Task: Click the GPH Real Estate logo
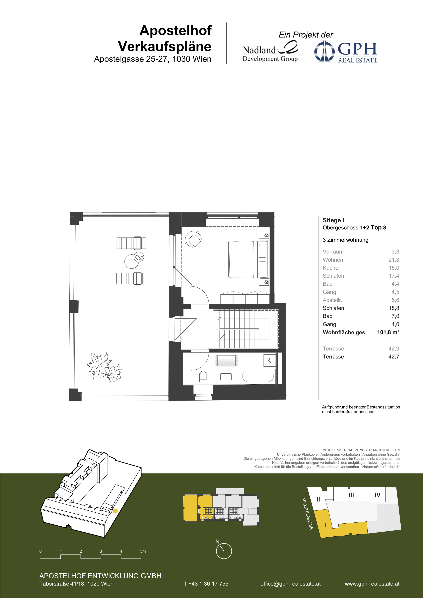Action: coord(346,51)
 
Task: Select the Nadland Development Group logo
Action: coord(270,52)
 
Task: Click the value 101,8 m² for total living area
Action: coord(388,332)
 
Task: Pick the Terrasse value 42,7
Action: coord(394,357)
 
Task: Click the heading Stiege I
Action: coord(333,220)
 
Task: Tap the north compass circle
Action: coord(224,551)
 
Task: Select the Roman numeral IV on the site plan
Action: coord(377,495)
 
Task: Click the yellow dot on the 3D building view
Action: coord(115,511)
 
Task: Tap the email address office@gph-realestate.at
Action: coord(290,584)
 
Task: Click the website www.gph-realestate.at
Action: coord(372,584)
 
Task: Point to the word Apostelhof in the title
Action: coord(175,30)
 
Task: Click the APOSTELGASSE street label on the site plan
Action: coord(307,513)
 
